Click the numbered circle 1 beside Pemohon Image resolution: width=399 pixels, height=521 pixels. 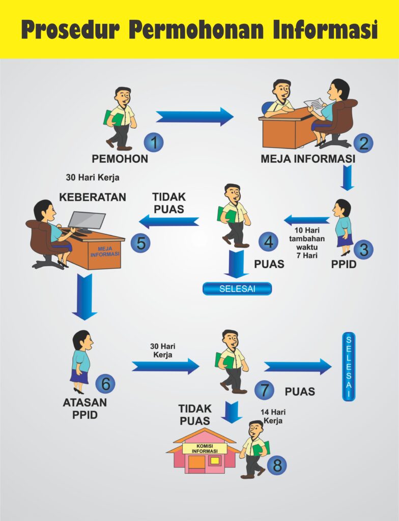(154, 142)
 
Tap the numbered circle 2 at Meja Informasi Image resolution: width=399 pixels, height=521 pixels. (363, 143)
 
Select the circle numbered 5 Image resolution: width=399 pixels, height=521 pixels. (140, 243)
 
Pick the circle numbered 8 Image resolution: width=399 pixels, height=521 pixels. (277, 465)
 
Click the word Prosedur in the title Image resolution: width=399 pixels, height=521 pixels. (71, 30)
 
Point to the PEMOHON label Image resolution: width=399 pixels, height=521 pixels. (120, 159)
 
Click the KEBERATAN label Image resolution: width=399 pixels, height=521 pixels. (93, 197)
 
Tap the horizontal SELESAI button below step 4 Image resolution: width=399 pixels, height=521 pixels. (237, 288)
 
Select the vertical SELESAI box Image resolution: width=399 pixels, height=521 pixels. (349, 366)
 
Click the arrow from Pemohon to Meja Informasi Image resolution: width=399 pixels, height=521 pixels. (195, 117)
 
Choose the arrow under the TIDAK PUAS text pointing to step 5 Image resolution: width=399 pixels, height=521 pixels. (169, 221)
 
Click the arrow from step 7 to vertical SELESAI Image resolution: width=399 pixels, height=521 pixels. (298, 366)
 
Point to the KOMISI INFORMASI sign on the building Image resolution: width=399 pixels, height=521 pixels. (205, 449)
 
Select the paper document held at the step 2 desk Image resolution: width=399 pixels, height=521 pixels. (315, 106)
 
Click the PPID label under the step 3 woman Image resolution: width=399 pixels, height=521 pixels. (344, 264)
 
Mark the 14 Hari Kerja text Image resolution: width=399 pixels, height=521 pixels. (273, 416)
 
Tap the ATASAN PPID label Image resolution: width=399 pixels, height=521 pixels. (85, 409)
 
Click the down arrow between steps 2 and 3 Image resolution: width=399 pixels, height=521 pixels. (347, 178)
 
